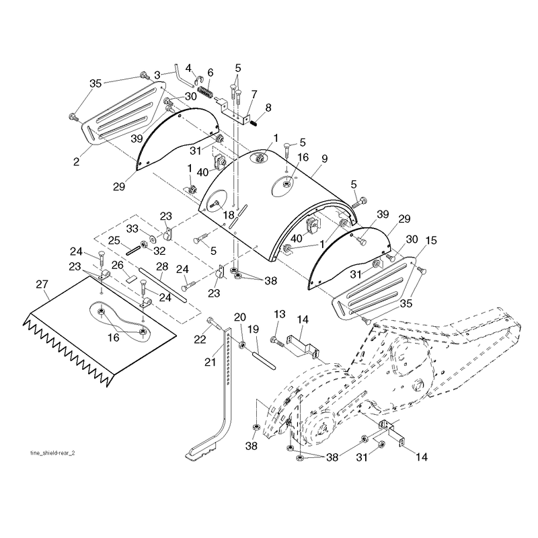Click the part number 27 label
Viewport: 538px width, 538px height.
(42, 284)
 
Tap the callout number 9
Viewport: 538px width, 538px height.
(325, 159)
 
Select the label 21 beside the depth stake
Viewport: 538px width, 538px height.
(210, 362)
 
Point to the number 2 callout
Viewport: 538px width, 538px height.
(76, 161)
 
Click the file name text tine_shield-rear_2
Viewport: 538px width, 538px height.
(52, 453)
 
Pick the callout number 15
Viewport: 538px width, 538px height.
(431, 241)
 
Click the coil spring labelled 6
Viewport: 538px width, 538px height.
(206, 92)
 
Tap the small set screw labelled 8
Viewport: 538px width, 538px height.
(254, 122)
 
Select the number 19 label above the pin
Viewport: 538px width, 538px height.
(254, 330)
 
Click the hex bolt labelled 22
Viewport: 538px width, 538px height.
(213, 323)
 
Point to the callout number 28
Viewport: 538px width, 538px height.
(162, 266)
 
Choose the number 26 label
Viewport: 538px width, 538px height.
(117, 265)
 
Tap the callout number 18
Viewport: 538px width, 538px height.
(229, 215)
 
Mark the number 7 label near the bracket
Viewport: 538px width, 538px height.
(254, 94)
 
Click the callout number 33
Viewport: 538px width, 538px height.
(132, 229)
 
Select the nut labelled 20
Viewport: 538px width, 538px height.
(242, 344)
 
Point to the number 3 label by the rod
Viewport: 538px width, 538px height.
(157, 75)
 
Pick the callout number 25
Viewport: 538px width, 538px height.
(114, 240)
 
